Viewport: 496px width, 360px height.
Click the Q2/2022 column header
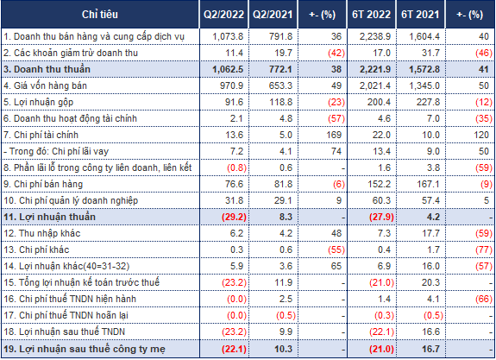pyautogui.click(x=223, y=15)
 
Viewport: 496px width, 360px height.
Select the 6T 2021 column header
pyautogui.click(x=420, y=15)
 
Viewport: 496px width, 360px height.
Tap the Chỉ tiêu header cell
pyautogui.click(x=100, y=15)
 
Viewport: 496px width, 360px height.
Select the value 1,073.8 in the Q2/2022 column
pyautogui.click(x=228, y=37)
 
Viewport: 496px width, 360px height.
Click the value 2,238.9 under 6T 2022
pyautogui.click(x=375, y=37)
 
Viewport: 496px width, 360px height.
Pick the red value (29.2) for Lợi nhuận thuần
pyautogui.click(x=234, y=218)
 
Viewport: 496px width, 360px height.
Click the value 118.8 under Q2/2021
pyautogui.click(x=280, y=102)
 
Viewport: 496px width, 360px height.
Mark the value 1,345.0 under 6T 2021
pyautogui.click(x=424, y=85)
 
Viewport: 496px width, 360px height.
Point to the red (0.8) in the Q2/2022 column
pyautogui.click(x=236, y=167)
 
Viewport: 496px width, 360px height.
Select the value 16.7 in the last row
pyautogui.click(x=430, y=349)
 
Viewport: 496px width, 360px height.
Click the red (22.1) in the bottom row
pyautogui.click(x=234, y=349)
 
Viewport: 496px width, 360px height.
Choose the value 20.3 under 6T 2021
pyautogui.click(x=430, y=283)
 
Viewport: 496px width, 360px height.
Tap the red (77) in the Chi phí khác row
pyautogui.click(x=484, y=249)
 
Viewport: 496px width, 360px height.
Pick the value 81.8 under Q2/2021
pyautogui.click(x=283, y=184)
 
